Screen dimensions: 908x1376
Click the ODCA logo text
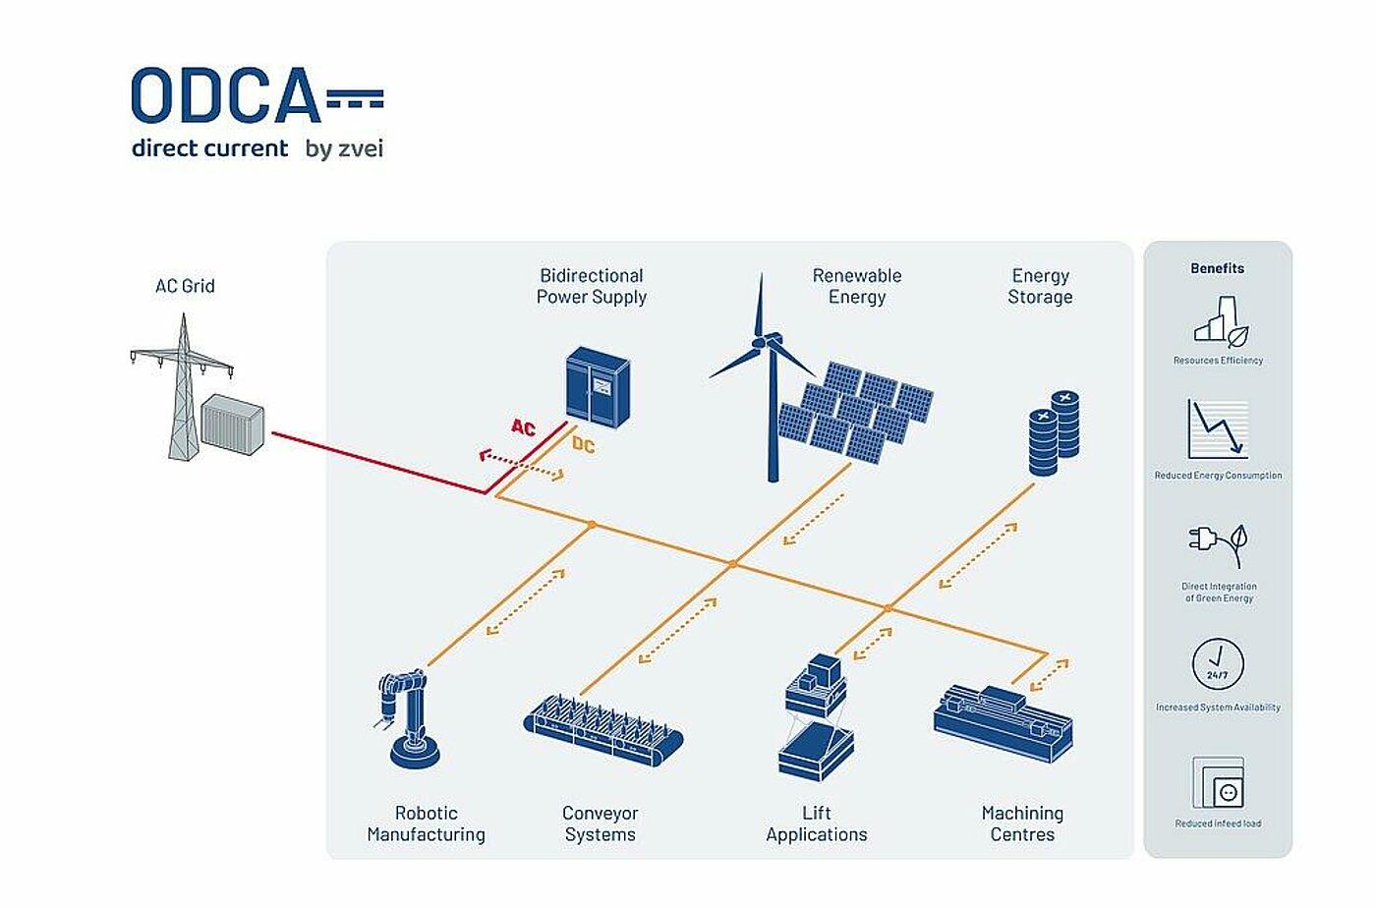pos(226,96)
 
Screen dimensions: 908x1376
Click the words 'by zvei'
pos(344,149)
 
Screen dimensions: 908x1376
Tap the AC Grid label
pos(185,286)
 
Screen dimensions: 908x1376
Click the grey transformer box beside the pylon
pos(233,424)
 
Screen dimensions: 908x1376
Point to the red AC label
pos(523,427)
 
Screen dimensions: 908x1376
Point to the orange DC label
pos(584,445)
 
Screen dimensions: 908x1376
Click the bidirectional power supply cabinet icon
pos(598,387)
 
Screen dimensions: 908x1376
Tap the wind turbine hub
pos(761,341)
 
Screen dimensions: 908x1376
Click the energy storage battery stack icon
pos(1054,433)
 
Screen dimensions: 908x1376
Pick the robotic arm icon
pos(409,717)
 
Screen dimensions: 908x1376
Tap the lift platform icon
pos(816,717)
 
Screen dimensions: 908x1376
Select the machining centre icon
pos(1002,723)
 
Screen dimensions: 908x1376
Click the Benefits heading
pos(1217,268)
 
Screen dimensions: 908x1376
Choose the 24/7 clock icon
pos(1218,663)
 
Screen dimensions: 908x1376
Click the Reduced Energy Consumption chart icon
pos(1218,429)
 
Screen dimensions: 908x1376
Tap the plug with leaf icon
pos(1219,543)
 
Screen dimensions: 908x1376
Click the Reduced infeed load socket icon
pos(1218,783)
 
